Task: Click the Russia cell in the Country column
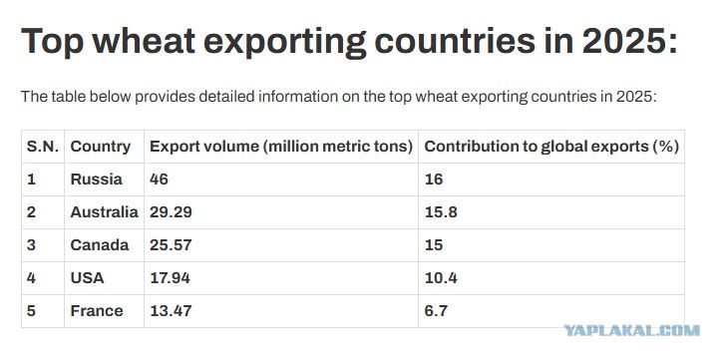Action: click(x=97, y=180)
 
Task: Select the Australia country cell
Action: click(x=104, y=212)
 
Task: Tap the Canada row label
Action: click(x=100, y=244)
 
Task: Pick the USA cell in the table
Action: click(x=87, y=277)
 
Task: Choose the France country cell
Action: click(x=97, y=310)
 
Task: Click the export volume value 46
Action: click(x=159, y=180)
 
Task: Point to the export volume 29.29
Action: click(x=171, y=212)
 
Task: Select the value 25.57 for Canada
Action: click(x=171, y=244)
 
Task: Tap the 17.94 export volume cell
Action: click(x=170, y=277)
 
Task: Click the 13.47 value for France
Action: click(x=171, y=310)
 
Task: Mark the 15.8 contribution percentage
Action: click(x=441, y=212)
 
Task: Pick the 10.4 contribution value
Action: click(x=441, y=277)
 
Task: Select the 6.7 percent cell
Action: click(x=436, y=310)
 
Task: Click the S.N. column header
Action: click(x=43, y=147)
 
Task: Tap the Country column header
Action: click(x=101, y=147)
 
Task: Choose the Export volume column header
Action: click(x=281, y=147)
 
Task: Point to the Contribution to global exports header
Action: click(x=551, y=147)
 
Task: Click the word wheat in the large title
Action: click(x=144, y=41)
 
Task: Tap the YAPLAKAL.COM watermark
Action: click(x=631, y=330)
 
